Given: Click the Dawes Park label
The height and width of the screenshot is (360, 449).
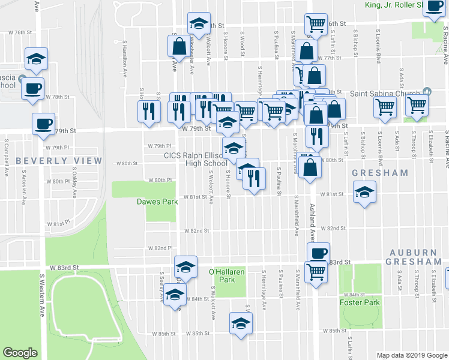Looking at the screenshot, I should [157, 202].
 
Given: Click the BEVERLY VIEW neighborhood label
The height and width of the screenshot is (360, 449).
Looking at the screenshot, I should [51, 161].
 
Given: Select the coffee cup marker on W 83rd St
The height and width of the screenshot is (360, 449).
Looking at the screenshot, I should [318, 253].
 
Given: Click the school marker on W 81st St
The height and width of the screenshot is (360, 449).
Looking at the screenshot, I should [364, 194].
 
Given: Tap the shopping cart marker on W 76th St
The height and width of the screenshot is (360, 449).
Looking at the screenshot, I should [315, 25].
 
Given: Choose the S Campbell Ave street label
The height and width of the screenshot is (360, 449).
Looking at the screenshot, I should [7, 149].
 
